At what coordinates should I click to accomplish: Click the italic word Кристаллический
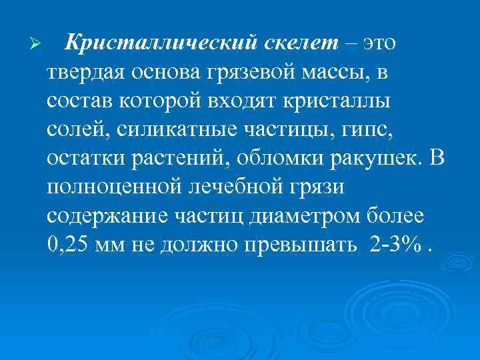pyautogui.click(x=159, y=43)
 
